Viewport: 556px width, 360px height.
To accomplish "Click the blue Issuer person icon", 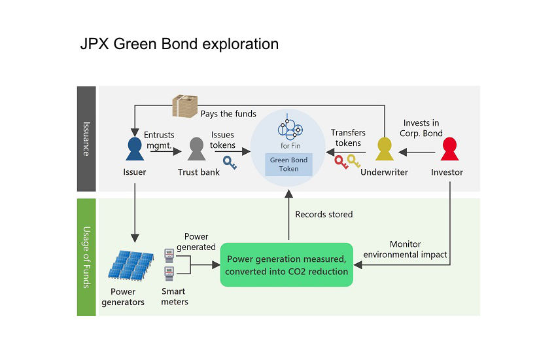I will pyautogui.click(x=134, y=149).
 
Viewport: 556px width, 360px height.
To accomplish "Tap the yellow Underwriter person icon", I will pyautogui.click(x=384, y=149).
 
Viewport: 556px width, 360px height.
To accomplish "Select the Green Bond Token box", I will pyautogui.click(x=288, y=164).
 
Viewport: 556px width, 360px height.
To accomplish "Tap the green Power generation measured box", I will pyautogui.click(x=287, y=264).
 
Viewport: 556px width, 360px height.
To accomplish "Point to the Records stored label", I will pyautogui.click(x=324, y=214).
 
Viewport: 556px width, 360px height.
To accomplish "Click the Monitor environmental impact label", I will pyautogui.click(x=404, y=249).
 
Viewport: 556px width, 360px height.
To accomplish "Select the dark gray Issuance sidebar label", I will pyautogui.click(x=86, y=138).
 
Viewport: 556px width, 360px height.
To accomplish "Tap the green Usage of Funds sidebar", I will pyautogui.click(x=86, y=257).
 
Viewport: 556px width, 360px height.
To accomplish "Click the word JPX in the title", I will pyautogui.click(x=94, y=45).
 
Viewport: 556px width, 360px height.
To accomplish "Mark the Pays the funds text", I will pyautogui.click(x=228, y=114).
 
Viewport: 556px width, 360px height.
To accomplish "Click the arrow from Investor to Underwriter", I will pyautogui.click(x=416, y=153).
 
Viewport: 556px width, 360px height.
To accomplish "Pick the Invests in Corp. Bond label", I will pyautogui.click(x=423, y=128).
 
